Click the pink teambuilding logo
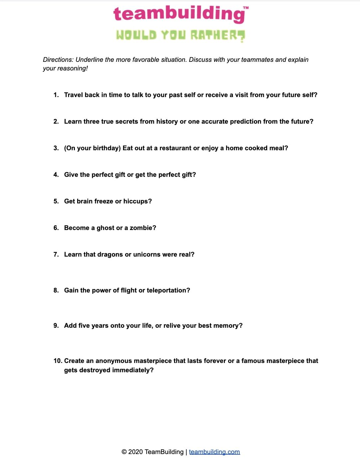[x=180, y=14]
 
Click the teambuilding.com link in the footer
[x=214, y=452]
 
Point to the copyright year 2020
[x=135, y=452]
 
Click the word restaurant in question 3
[x=175, y=148]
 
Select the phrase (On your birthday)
[x=92, y=148]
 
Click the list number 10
[x=58, y=361]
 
